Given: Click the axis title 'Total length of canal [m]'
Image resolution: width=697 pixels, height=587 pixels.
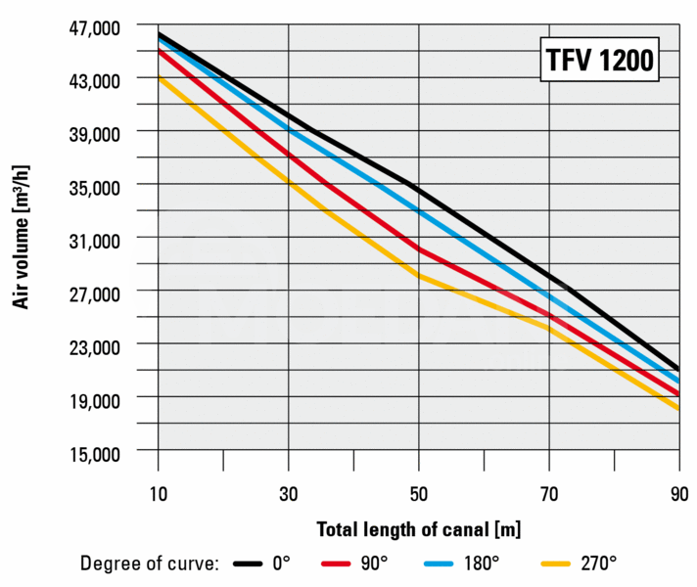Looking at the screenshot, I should pyautogui.click(x=418, y=529).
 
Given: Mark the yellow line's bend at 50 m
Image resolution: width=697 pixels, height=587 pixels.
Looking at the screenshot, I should pyautogui.click(x=419, y=277).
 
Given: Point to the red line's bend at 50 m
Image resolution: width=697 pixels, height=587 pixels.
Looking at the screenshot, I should pyautogui.click(x=419, y=249).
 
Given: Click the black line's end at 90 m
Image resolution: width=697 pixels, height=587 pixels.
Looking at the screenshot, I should pyautogui.click(x=678, y=368).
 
